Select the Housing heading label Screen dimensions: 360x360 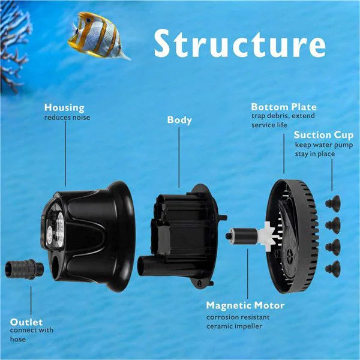[x=64, y=107]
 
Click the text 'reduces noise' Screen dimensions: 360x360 [x=67, y=118]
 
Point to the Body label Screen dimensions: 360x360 [x=179, y=120]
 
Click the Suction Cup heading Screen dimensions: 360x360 [x=323, y=134]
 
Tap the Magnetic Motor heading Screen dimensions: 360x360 [x=245, y=305]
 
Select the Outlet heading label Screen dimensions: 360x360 [x=26, y=322]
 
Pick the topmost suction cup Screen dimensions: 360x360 [x=332, y=204]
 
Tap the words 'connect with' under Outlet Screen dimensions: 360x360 [x=31, y=330]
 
